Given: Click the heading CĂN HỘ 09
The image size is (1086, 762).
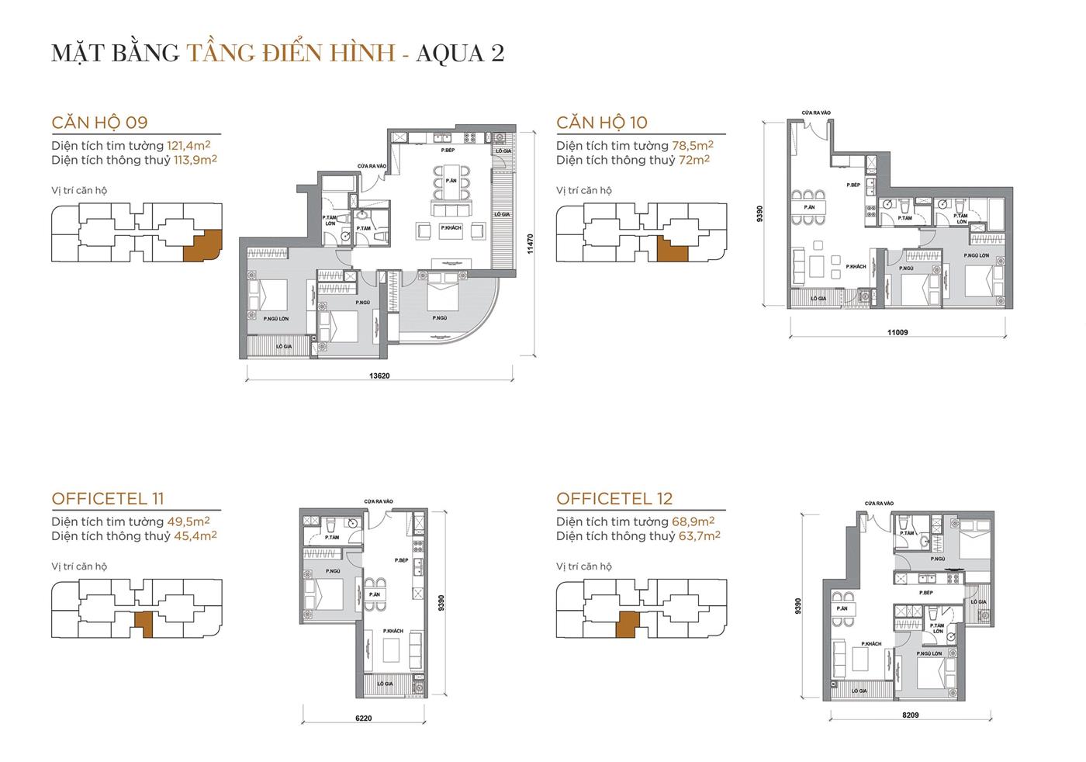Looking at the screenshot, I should pyautogui.click(x=99, y=123).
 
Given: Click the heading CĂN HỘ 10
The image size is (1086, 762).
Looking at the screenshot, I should pyautogui.click(x=602, y=123).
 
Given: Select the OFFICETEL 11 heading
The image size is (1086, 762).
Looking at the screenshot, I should pyautogui.click(x=108, y=499).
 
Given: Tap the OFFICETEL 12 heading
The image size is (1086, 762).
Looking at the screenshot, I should pyautogui.click(x=614, y=499).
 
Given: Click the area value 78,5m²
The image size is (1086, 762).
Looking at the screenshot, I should pyautogui.click(x=690, y=146).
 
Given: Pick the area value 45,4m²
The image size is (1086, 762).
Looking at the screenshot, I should pyautogui.click(x=195, y=536).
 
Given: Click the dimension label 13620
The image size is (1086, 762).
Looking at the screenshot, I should pyautogui.click(x=379, y=376).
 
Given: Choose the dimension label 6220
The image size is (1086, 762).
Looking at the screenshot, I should pyautogui.click(x=363, y=718).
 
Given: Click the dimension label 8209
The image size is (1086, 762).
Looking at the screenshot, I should pyautogui.click(x=910, y=715).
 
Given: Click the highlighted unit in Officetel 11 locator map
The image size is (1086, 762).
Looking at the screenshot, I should pyautogui.click(x=144, y=622).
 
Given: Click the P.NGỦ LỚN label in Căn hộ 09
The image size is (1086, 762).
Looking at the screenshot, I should pyautogui.click(x=275, y=319).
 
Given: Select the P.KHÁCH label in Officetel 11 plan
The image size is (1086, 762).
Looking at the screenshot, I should pyautogui.click(x=393, y=632).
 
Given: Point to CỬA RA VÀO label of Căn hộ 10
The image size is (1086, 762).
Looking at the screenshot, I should pyautogui.click(x=815, y=113).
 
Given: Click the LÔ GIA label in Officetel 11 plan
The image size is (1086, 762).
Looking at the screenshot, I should pyautogui.click(x=385, y=684).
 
